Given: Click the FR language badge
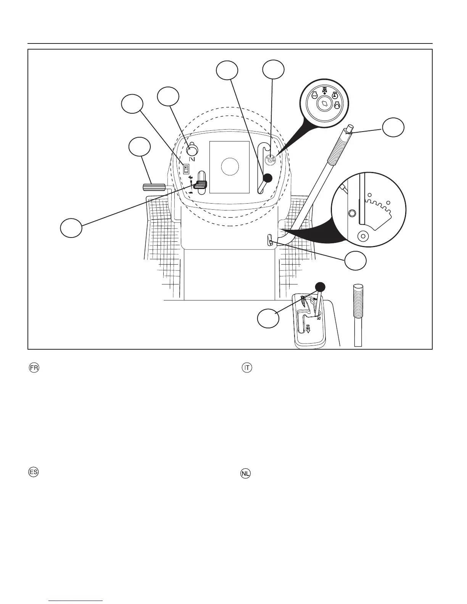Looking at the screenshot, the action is [x=34, y=368].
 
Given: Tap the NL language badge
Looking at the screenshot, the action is [x=246, y=474].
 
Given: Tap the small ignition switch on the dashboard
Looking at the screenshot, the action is [x=270, y=160].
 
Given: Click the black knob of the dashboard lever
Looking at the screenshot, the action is [x=268, y=177].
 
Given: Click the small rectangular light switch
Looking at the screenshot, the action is [x=187, y=167].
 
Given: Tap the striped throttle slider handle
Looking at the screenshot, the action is [x=201, y=185].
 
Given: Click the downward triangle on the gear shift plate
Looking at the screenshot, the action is [x=308, y=331].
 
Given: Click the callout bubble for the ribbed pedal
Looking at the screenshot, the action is [x=139, y=148].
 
